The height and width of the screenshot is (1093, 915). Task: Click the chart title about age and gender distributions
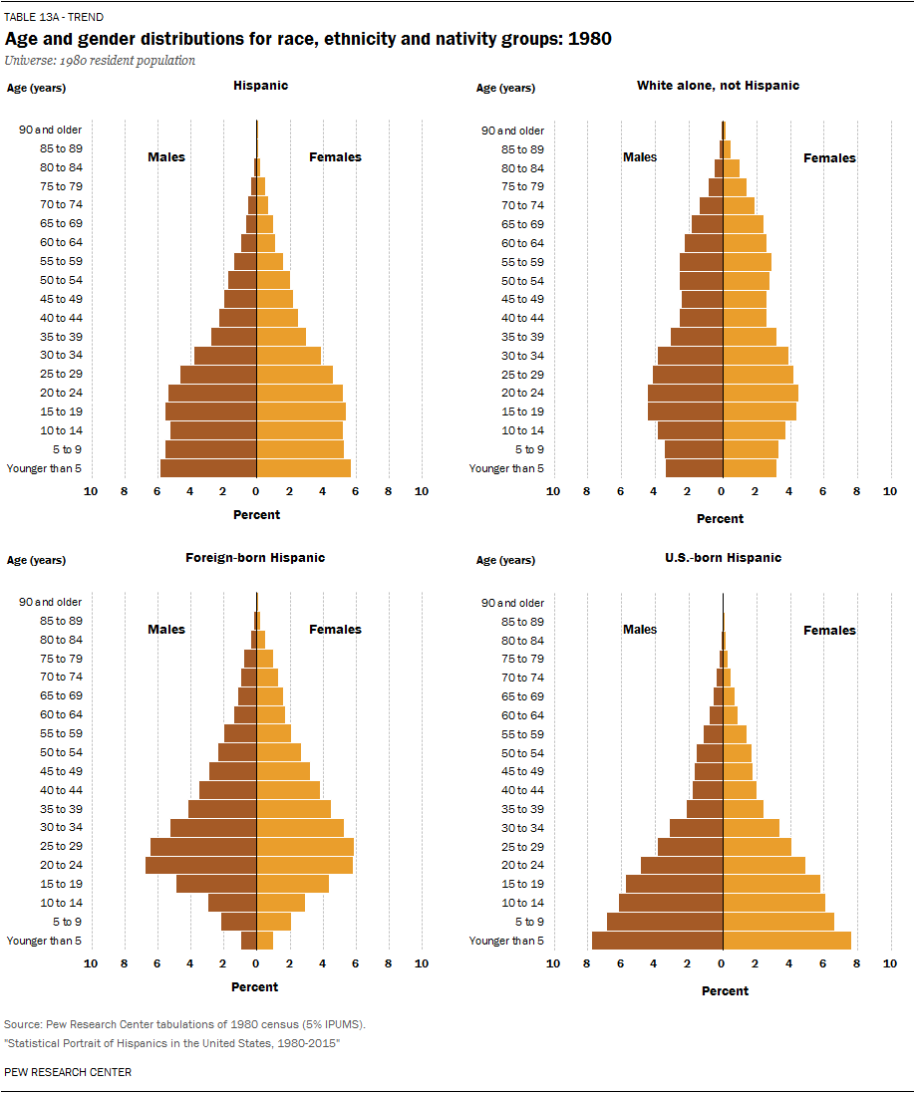coord(308,39)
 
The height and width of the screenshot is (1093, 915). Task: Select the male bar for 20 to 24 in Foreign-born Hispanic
coord(201,865)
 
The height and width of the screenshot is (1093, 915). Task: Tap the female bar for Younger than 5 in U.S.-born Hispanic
coord(786,941)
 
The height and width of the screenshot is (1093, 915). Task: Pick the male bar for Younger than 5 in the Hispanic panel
coord(208,468)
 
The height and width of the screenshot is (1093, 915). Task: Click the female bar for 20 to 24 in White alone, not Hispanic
coord(761,393)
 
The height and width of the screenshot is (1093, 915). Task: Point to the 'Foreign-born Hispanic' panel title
coord(255,558)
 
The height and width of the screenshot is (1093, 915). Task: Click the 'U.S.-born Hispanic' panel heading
coord(723,558)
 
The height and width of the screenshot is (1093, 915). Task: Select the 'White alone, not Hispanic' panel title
coord(718,86)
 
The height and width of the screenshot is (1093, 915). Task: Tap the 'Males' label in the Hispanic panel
coord(166,157)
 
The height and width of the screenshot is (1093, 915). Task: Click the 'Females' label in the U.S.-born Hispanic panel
coord(829,630)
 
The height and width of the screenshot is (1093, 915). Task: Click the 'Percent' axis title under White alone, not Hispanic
coord(720,519)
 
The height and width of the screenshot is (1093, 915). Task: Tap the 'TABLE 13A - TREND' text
coord(54,17)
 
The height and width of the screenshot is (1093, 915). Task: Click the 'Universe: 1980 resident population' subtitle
coord(100,61)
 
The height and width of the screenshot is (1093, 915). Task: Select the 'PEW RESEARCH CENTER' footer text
coord(68,1072)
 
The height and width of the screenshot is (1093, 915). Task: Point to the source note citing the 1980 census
coord(184,1024)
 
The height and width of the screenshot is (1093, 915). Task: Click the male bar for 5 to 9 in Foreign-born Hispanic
coord(239,922)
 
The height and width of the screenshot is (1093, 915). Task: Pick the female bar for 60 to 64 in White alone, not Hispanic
coord(745,243)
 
